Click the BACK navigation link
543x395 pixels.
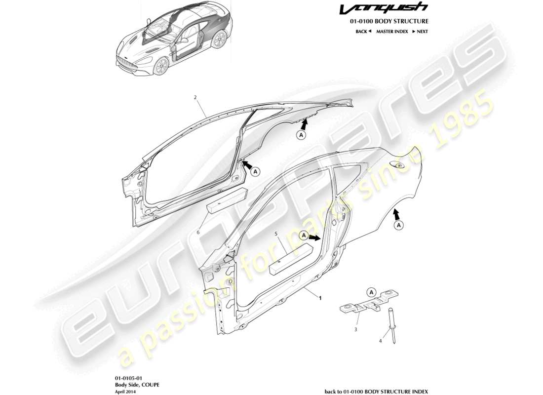point(363,31)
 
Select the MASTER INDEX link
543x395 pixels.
point(392,31)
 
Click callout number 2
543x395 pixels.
point(195,98)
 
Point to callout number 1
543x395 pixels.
point(320,298)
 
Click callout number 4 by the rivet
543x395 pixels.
point(380,341)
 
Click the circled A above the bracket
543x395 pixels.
point(372,291)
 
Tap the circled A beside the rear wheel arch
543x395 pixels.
point(399,225)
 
